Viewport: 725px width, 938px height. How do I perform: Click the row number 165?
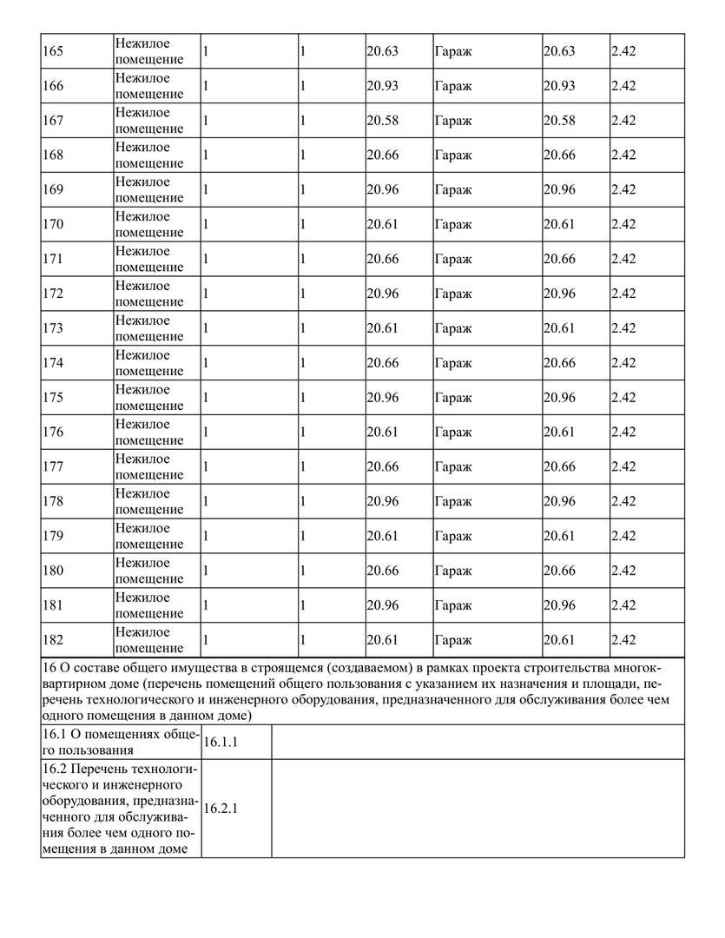tap(53, 51)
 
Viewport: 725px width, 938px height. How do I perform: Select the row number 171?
tap(53, 259)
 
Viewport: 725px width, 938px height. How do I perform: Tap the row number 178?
tap(53, 501)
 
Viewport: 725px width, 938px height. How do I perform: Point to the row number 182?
tap(53, 640)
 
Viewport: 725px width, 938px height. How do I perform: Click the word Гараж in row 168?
tap(452, 155)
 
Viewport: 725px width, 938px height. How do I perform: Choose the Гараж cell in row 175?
tap(452, 398)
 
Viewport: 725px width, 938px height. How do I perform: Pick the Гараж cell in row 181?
tap(452, 605)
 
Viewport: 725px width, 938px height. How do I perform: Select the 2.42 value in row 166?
tap(623, 86)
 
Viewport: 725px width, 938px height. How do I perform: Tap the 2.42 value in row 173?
tap(623, 328)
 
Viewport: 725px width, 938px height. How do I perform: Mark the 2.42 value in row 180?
tap(623, 571)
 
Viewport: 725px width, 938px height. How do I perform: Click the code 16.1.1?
tap(221, 743)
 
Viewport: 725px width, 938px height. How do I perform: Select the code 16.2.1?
tap(221, 809)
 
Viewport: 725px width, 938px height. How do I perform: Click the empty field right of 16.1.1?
tap(478, 743)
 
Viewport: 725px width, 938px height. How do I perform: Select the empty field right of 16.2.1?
tap(478, 809)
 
